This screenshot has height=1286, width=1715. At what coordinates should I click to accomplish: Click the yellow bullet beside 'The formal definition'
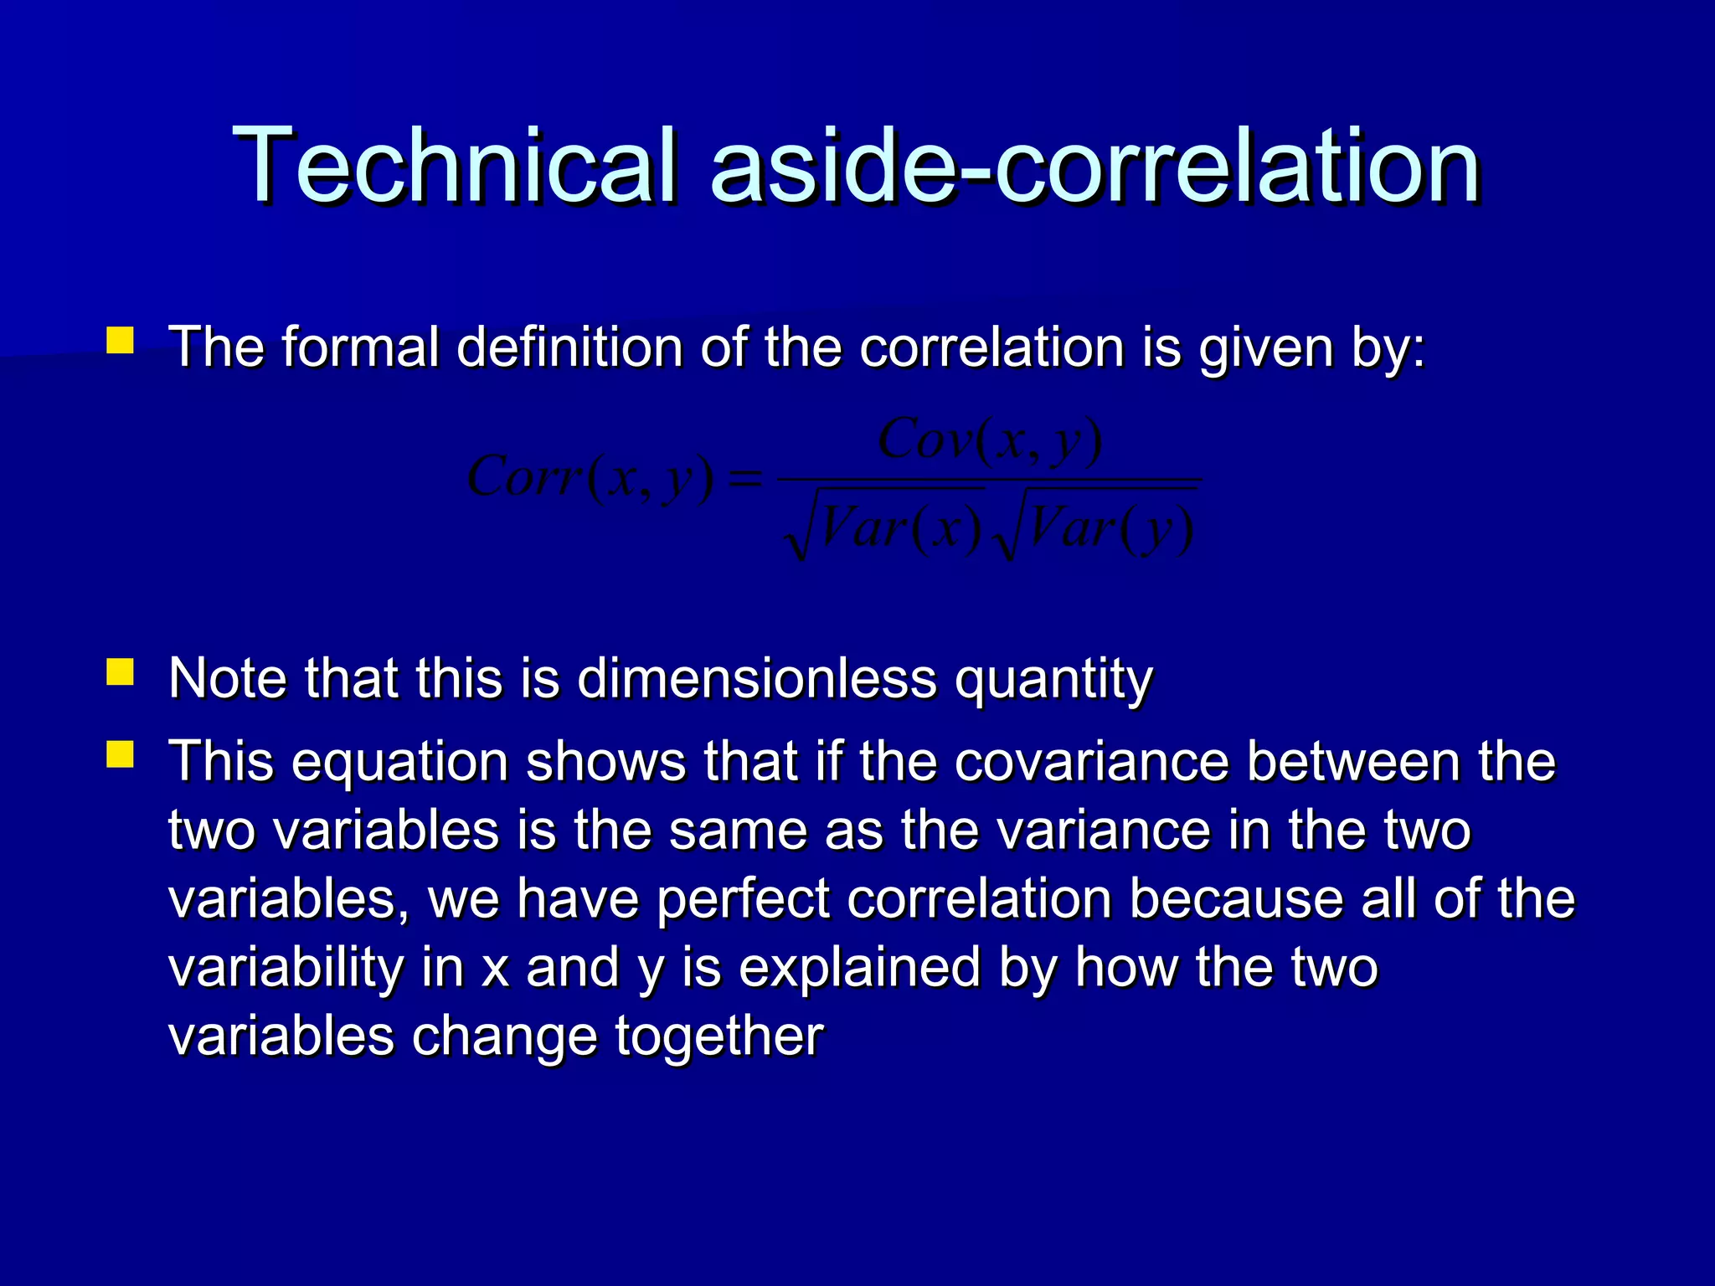[121, 341]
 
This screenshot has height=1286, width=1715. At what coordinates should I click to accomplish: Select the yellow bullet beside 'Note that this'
[121, 672]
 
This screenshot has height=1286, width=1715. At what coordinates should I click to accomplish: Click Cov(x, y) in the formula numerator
[990, 441]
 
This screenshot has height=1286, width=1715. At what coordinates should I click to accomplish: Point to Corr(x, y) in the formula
[590, 478]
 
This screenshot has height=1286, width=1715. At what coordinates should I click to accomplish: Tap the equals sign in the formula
[746, 480]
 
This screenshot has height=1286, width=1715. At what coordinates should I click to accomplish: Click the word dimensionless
[757, 678]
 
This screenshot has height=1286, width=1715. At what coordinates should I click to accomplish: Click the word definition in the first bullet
[569, 347]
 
